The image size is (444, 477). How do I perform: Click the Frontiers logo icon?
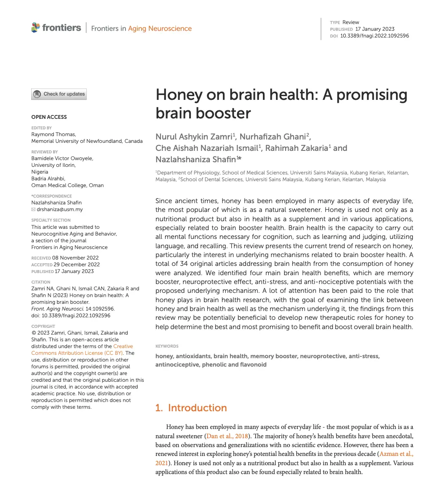(x=35, y=28)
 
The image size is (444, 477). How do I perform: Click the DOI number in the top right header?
(x=374, y=36)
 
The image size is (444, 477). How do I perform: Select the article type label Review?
(x=350, y=22)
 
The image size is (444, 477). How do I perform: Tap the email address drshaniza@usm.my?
(x=60, y=209)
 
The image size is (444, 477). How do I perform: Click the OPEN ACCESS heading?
(x=49, y=117)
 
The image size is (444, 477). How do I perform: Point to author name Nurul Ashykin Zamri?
(x=194, y=137)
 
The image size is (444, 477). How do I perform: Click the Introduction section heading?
(x=191, y=408)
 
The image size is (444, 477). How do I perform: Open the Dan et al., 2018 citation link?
(x=227, y=436)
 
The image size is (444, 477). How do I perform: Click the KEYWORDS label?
(x=167, y=346)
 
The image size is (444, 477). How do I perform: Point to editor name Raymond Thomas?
(x=53, y=134)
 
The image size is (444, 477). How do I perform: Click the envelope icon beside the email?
(x=34, y=209)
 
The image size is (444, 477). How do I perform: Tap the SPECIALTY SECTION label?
(x=51, y=220)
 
